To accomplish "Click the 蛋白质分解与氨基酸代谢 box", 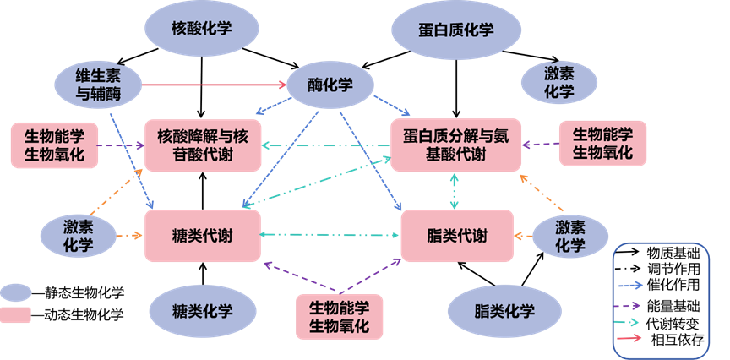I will click(455, 145).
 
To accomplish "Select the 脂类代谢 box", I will click(456, 236).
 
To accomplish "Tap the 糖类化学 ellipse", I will click(202, 310).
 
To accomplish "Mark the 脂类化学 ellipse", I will click(504, 311).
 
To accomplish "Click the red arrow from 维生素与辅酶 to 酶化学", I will click(211, 85).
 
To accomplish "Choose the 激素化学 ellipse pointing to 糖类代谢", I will click(79, 236).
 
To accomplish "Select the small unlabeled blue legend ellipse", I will click(15, 292).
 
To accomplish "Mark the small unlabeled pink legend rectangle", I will click(15, 315).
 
